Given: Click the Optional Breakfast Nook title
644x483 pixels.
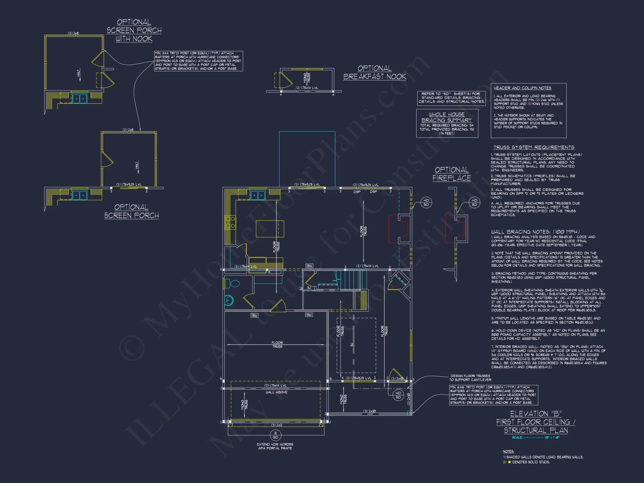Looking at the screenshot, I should (x=374, y=72).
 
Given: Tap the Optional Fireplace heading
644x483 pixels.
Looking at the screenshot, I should (x=451, y=174).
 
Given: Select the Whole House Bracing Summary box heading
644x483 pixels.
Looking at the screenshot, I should (x=447, y=117).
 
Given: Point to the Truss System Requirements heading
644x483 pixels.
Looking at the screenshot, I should (x=534, y=147).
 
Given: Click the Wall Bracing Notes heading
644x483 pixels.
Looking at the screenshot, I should (x=535, y=232).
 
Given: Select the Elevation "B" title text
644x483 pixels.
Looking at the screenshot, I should (x=536, y=414).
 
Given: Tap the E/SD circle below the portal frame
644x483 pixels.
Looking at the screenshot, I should (x=275, y=435).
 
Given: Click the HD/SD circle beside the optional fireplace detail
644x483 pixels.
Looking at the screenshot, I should (x=474, y=202).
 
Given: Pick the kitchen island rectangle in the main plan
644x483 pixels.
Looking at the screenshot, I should (x=270, y=229).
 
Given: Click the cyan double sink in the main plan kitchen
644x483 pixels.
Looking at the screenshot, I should (x=258, y=195).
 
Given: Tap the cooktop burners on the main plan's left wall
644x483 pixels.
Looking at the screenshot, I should (x=230, y=222).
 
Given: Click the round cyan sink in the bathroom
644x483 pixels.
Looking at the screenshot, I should (x=229, y=300).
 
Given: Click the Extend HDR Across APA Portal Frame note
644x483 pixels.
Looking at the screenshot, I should (x=275, y=446).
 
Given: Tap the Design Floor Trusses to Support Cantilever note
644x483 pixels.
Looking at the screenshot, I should (x=470, y=378).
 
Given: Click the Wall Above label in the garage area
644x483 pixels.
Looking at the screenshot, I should (x=276, y=392).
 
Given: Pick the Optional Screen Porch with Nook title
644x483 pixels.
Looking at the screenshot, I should (x=134, y=30).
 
